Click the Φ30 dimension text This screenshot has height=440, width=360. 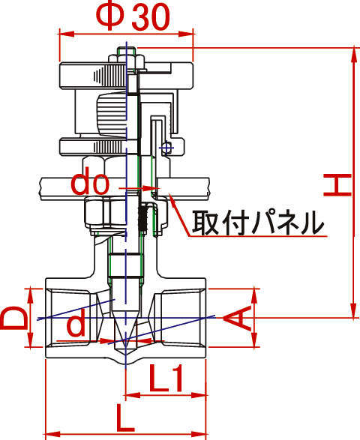pos(133,16)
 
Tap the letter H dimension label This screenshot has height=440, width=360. pos(337,184)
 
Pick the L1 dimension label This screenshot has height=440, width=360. pos(166,378)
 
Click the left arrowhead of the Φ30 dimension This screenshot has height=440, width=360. pos(66,34)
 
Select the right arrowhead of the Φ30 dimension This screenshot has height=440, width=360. pos(187,34)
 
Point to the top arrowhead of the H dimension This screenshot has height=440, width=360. pos(354,55)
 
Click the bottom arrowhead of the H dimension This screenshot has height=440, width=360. pos(354,310)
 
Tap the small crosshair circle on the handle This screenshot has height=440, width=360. pos(166,148)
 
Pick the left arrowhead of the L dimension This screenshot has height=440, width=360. pos(53,433)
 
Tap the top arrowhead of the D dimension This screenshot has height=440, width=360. pos(30,296)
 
